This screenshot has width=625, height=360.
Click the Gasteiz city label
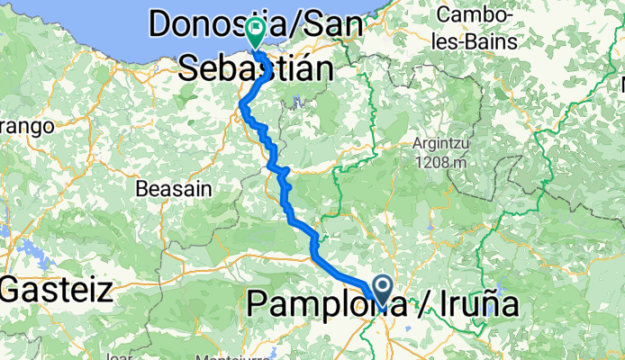58,291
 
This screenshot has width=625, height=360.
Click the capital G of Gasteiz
15,291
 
